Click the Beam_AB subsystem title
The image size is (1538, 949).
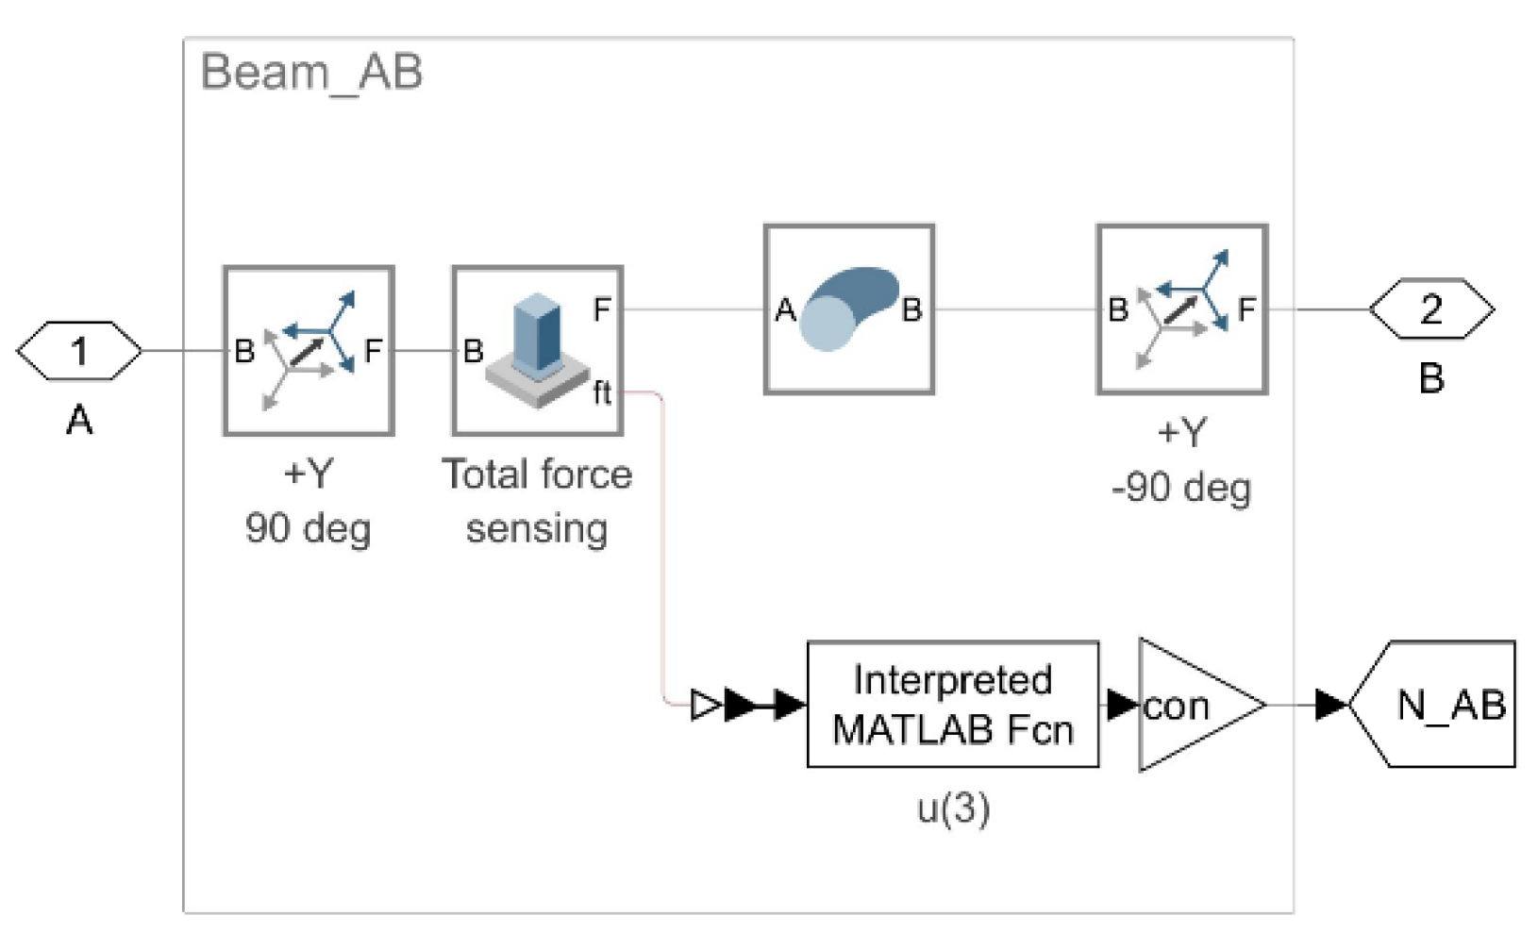[x=311, y=73]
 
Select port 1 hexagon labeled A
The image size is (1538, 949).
[x=79, y=351]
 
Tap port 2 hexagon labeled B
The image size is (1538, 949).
[x=1431, y=309]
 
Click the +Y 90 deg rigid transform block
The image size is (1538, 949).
[x=309, y=351]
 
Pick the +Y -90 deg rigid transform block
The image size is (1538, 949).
[x=1181, y=309]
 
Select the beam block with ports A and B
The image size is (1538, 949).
[x=848, y=309]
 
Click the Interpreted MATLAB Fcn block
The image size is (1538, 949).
[x=952, y=705]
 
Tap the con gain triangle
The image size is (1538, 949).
[x=1195, y=705]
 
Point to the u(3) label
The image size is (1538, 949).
[x=953, y=808]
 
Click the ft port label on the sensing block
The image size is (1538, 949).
[x=602, y=391]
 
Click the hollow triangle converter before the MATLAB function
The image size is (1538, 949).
[x=705, y=705]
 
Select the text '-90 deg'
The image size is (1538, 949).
[x=1181, y=489]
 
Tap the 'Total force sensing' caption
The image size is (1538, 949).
[x=537, y=501]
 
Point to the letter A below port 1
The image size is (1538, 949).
[x=79, y=420]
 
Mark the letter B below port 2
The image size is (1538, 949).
[x=1431, y=378]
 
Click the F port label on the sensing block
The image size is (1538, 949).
[x=602, y=309]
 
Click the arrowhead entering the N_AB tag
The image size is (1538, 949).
[x=1330, y=705]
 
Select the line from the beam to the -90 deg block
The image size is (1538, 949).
[x=1015, y=309]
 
